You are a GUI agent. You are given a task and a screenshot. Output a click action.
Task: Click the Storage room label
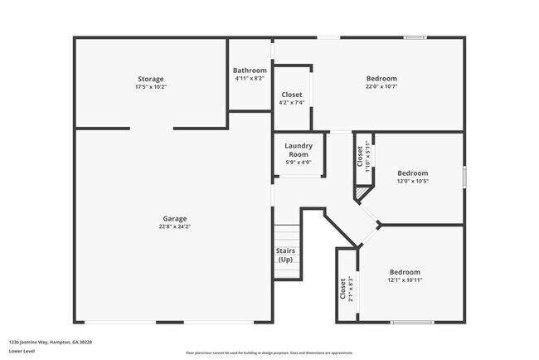point(150,79)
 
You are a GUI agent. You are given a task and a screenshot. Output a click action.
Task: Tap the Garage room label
point(174,218)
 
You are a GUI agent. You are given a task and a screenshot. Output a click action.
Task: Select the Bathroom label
point(250,71)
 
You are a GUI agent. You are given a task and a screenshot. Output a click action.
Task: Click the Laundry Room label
point(299,149)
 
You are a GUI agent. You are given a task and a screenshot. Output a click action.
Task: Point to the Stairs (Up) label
point(285,255)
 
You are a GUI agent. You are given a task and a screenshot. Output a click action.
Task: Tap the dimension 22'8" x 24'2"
point(174,226)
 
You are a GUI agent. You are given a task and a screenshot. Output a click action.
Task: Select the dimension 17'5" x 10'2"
point(150,87)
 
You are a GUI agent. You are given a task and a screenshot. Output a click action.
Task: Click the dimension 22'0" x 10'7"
point(381,87)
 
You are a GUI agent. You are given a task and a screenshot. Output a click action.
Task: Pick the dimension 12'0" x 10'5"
point(412,181)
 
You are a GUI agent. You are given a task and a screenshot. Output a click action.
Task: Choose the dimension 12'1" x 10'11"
point(405,280)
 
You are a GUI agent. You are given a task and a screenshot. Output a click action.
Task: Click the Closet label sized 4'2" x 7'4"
point(292,95)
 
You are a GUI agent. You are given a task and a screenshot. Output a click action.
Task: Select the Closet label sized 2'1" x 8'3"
point(342,288)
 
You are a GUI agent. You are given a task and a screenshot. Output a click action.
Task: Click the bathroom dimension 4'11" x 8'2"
point(250,79)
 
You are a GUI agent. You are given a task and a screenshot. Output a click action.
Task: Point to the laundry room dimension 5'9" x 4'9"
point(299,162)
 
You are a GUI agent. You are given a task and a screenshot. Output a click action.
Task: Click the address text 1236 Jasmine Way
point(51,342)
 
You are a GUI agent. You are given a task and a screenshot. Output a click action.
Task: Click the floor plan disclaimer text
point(269,353)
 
